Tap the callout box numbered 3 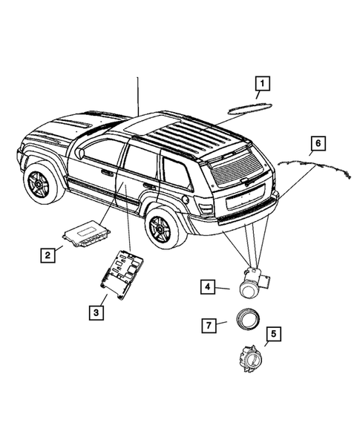click(x=96, y=312)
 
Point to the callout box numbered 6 click(x=317, y=142)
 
